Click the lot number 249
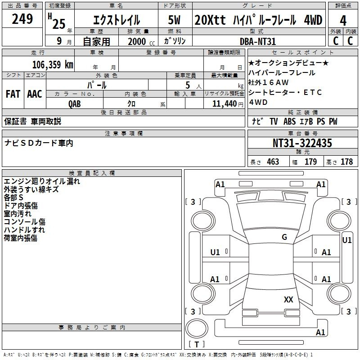(x=22, y=19)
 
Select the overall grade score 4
(x=343, y=21)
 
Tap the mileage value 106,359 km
(x=53, y=64)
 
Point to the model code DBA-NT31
(x=257, y=41)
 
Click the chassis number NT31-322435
(x=302, y=143)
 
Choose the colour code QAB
(x=74, y=104)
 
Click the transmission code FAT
(x=13, y=94)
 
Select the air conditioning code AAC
(x=35, y=94)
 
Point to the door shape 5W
(x=174, y=20)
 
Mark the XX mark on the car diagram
(x=288, y=299)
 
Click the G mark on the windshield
(x=284, y=237)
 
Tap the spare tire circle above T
(x=197, y=328)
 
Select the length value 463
(x=273, y=162)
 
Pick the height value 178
(x=346, y=162)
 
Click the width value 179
(x=310, y=162)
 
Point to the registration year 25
(x=59, y=24)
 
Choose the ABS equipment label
(x=289, y=121)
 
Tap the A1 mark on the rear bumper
(x=320, y=332)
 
